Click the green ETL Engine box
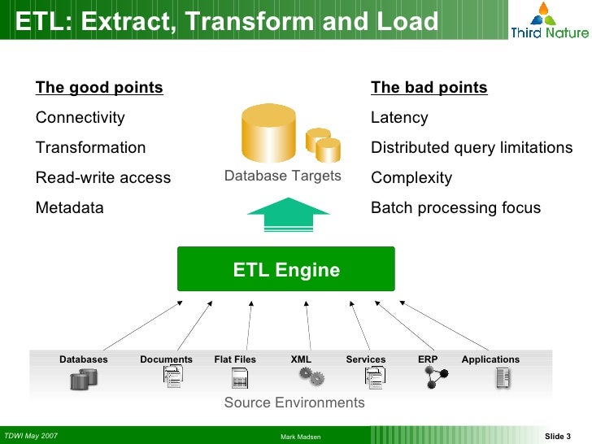[286, 269]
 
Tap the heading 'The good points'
[99, 88]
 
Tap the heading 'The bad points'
[429, 88]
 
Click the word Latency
[399, 118]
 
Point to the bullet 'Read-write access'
[103, 178]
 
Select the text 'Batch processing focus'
[455, 208]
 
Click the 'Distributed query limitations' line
[472, 148]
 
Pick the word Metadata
[70, 208]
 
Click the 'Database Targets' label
[282, 176]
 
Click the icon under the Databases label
[84, 378]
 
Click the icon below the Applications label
[503, 377]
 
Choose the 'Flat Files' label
[235, 359]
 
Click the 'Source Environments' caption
[294, 403]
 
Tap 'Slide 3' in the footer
[557, 437]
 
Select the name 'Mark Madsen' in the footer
[300, 437]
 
